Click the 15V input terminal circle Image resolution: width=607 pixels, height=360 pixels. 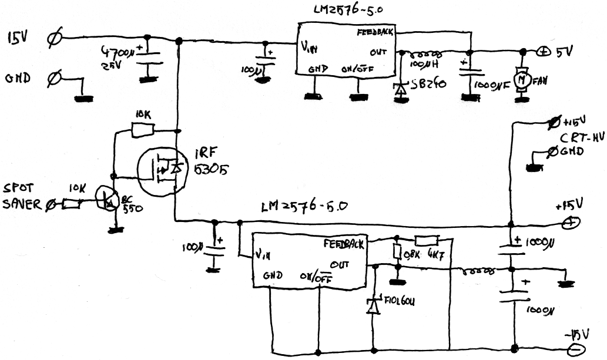coord(52,39)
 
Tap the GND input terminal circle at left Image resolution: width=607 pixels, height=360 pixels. coord(52,77)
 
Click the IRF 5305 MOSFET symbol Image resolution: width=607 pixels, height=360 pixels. coord(161,170)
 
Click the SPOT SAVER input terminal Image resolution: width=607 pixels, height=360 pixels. coord(51,204)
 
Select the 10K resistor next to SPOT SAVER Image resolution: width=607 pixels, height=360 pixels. coord(72,204)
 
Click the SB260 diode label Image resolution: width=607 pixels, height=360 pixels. coord(428,84)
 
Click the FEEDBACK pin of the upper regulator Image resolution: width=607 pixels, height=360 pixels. coord(375,34)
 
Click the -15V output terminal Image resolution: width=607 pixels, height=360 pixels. coord(572,351)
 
